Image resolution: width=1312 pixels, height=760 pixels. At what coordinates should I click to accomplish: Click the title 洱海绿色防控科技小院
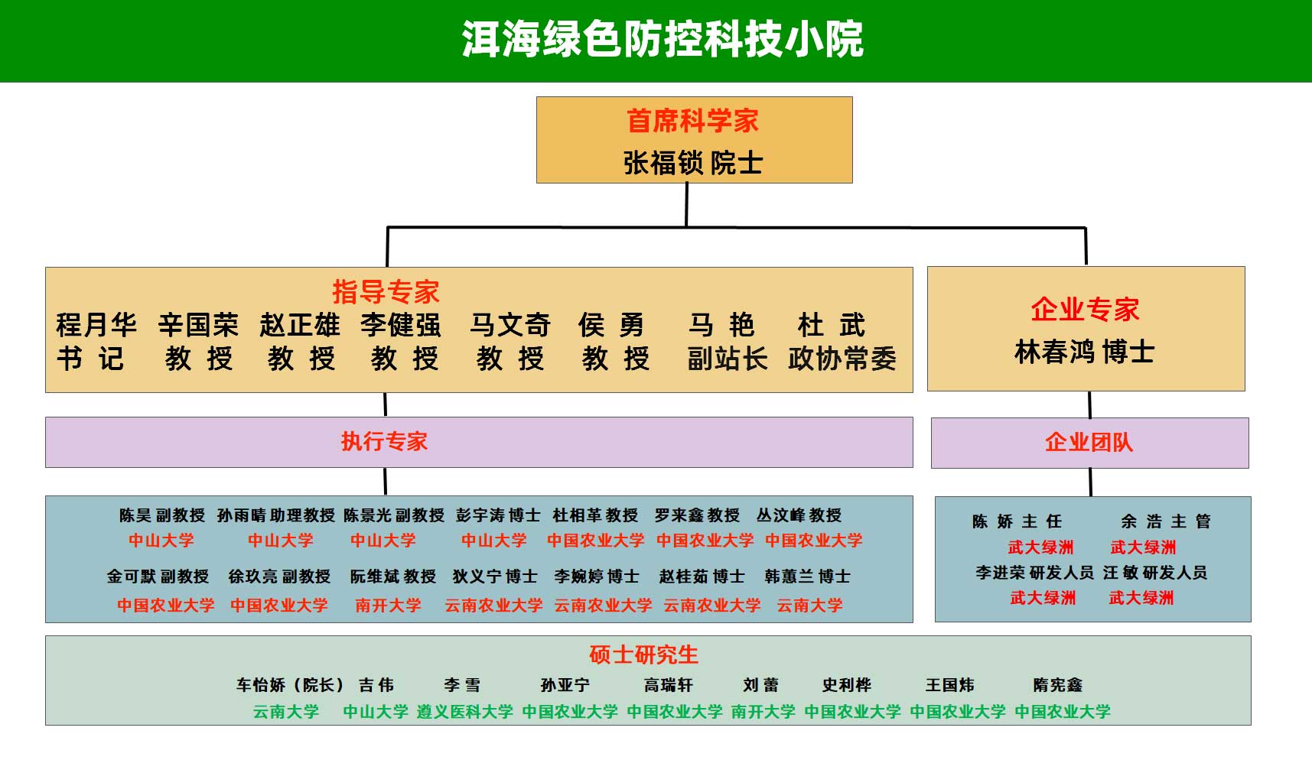tap(663, 39)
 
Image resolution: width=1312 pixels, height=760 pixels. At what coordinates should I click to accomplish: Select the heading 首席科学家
tap(692, 121)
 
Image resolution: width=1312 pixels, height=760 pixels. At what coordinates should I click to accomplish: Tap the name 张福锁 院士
tap(693, 163)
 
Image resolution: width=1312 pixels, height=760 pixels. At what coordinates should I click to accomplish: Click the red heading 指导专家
tap(386, 291)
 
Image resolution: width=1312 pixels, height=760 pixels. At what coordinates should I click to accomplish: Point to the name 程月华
tap(96, 325)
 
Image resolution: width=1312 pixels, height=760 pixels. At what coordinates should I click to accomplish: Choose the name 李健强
tap(401, 325)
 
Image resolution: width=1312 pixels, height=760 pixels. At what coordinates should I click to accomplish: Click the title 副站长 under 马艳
tap(727, 359)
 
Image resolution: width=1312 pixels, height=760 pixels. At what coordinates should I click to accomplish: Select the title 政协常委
tap(842, 359)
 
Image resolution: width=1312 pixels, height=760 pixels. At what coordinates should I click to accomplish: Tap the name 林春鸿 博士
tap(1084, 352)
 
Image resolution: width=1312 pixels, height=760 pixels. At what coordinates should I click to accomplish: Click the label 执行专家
tap(384, 441)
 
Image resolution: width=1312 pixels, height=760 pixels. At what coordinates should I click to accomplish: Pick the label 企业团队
tap(1089, 442)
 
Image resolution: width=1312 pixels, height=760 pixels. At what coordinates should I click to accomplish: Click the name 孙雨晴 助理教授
tap(276, 515)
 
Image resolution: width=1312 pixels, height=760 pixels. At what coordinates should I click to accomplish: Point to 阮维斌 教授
tap(392, 576)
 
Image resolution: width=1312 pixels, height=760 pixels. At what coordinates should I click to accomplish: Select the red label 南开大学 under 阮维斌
tap(388, 606)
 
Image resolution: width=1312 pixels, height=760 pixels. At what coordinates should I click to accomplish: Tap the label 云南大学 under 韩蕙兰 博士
tap(809, 606)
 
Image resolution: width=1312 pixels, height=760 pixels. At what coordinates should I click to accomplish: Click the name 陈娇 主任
tap(1017, 521)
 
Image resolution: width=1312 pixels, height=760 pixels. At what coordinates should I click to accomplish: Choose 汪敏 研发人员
tap(1154, 573)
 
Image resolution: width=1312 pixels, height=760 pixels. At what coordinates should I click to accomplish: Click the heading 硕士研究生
tap(643, 654)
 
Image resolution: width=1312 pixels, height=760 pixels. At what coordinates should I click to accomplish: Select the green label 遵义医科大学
tap(464, 712)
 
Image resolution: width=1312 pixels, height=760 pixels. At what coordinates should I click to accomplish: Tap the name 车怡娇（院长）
tap(290, 685)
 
